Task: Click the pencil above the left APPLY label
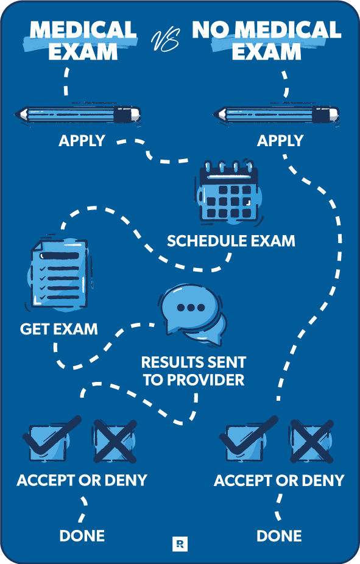(x=77, y=115)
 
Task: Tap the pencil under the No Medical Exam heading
(x=276, y=115)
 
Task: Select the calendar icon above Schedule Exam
(x=230, y=193)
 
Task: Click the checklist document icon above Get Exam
(x=59, y=274)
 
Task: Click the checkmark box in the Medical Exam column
(x=51, y=440)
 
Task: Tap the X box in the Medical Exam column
(x=115, y=441)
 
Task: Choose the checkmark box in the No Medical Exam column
(x=247, y=440)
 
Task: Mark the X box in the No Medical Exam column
(x=312, y=441)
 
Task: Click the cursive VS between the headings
(x=165, y=41)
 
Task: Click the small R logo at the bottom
(x=180, y=543)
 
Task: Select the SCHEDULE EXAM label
(x=231, y=241)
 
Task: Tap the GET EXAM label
(x=59, y=329)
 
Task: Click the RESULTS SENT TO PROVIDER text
(x=194, y=371)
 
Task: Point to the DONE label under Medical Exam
(x=82, y=536)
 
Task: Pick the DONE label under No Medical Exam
(x=279, y=536)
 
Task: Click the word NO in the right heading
(x=210, y=30)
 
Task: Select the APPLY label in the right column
(x=280, y=141)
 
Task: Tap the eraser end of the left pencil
(x=135, y=115)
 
